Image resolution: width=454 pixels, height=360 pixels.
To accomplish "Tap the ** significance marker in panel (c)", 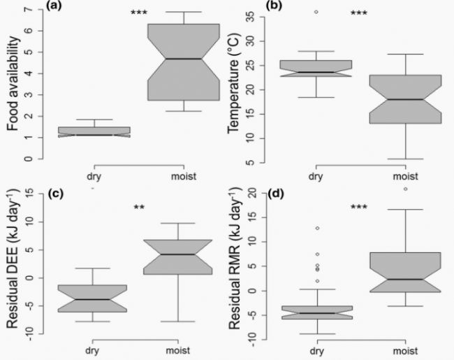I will pyautogui.click(x=140, y=207).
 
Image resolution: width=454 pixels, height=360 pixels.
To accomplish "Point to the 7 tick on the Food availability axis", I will pyautogui.click(x=28, y=10).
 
